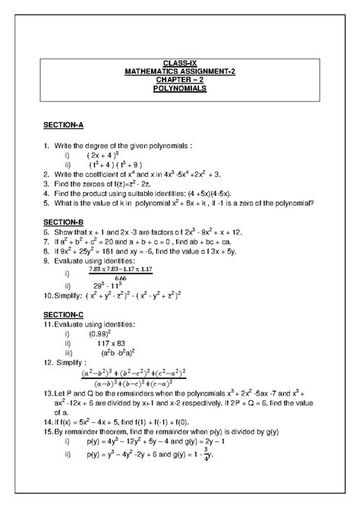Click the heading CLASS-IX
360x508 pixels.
(x=180, y=62)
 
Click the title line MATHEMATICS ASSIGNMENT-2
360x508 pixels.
(x=180, y=71)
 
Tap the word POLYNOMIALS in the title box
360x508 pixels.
(x=180, y=89)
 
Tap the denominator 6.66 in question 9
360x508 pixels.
(x=115, y=278)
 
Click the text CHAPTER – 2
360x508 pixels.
(x=180, y=80)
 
